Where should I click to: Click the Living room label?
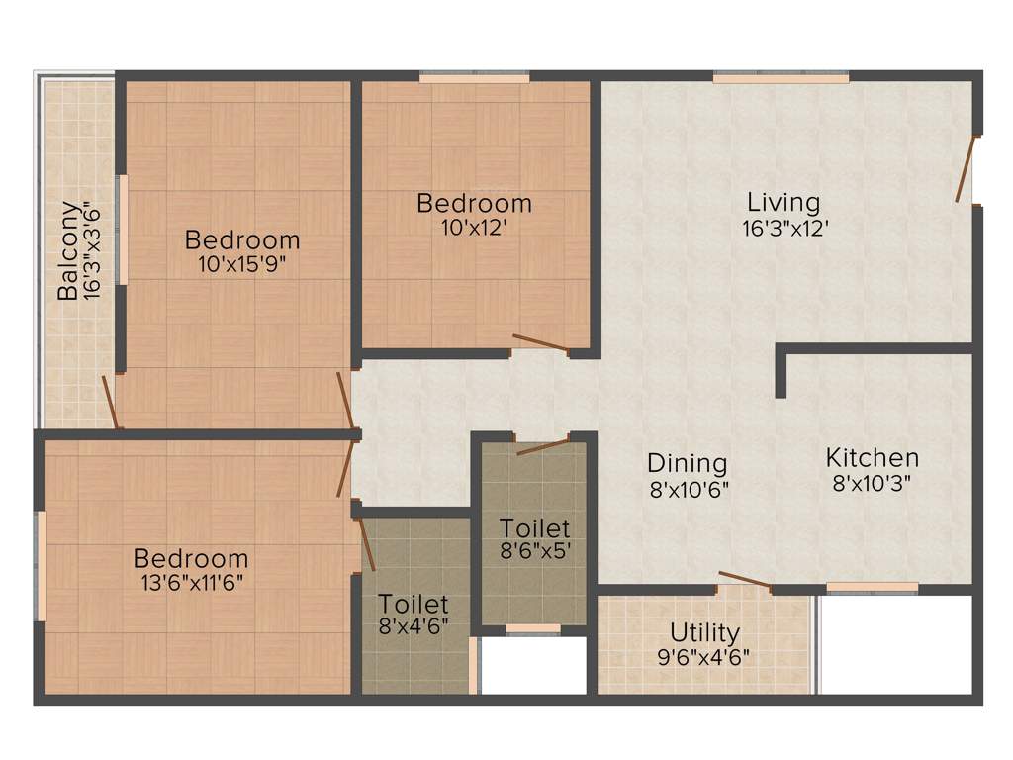coord(783,202)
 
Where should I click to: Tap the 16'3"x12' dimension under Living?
coord(783,228)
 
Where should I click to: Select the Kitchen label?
coord(872,458)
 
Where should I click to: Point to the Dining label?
coord(688,463)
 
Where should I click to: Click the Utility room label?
coord(704,631)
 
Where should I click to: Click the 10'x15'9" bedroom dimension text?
coord(242,264)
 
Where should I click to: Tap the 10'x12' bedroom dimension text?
coord(474,228)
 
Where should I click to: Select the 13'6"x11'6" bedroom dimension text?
coord(191,582)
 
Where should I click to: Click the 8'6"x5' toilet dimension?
coord(534,551)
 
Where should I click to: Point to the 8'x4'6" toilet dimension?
coord(414,627)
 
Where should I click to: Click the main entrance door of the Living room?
coord(966,169)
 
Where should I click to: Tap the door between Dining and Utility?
coord(744,580)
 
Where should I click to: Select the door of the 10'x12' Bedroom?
coord(540,344)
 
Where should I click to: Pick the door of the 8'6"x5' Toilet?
coord(542,445)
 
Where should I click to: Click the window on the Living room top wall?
coord(781,77)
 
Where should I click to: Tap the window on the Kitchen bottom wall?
coord(872,587)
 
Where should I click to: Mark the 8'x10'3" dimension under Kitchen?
coord(872,484)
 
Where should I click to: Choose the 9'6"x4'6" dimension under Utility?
coord(704,656)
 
